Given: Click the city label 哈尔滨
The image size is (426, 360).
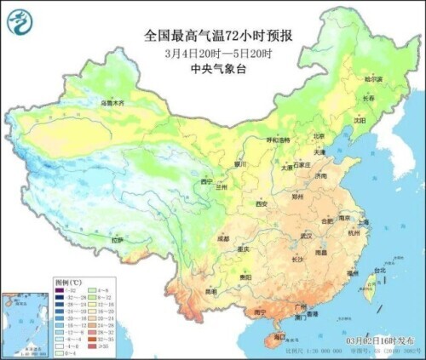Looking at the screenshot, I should (373, 79).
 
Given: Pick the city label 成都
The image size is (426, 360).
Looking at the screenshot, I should (222, 239).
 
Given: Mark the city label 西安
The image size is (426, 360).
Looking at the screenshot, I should (262, 204).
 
